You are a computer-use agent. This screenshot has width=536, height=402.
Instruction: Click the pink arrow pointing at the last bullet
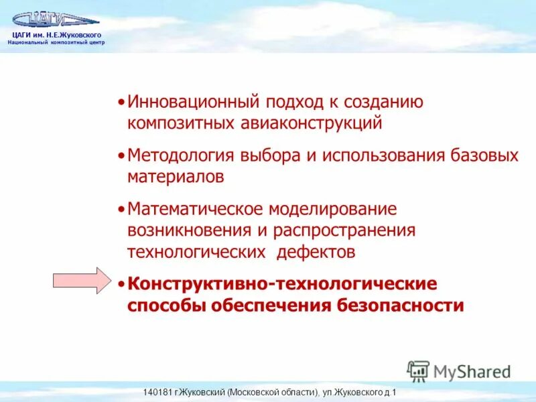(80, 280)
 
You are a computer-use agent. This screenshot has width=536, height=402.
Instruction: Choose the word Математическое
(194, 209)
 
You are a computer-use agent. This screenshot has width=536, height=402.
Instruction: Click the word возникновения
(180, 230)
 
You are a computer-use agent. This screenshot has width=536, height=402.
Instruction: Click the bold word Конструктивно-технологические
(282, 284)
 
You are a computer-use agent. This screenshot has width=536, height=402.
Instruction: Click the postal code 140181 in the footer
(158, 393)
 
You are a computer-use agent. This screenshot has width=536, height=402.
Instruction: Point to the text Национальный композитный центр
(56, 42)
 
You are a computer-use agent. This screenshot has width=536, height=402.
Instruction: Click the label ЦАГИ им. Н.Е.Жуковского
(56, 35)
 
